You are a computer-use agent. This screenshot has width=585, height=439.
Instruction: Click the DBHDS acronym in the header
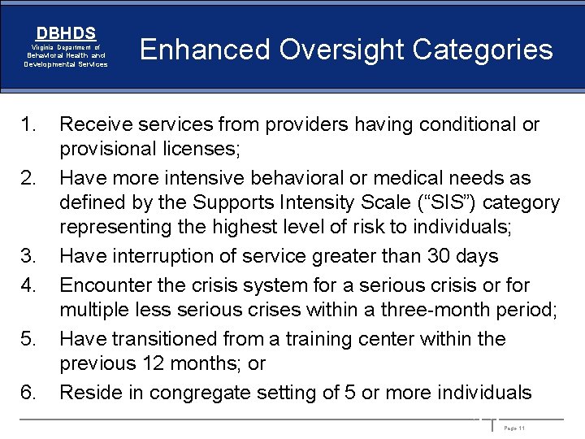point(66,33)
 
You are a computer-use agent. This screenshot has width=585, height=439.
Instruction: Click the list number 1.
point(29,124)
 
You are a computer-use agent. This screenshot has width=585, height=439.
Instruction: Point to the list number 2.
point(29,178)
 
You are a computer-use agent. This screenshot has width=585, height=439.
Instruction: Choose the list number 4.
point(29,285)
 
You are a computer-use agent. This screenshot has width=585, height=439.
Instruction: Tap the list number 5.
point(29,339)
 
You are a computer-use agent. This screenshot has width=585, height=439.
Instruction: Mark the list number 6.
point(29,393)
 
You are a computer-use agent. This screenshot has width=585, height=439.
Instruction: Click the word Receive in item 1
point(97,124)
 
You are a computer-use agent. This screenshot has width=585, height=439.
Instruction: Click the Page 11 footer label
point(514,428)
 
